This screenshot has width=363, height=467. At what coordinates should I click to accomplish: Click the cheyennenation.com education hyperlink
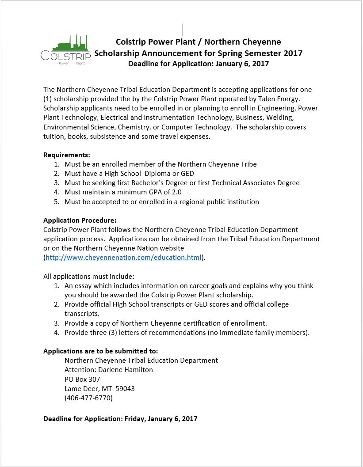point(123,258)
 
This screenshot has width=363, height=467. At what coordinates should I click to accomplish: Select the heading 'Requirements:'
point(67,155)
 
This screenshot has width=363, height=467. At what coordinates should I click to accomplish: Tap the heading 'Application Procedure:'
point(80,220)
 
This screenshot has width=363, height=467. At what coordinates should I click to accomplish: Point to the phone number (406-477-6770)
point(88,398)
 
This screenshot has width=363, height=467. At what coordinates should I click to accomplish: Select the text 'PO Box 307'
point(82,379)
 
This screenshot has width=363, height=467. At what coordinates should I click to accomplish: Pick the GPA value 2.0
point(176,192)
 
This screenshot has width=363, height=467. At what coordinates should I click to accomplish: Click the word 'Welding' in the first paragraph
point(280,118)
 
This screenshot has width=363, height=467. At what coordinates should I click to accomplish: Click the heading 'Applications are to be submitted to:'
point(100,351)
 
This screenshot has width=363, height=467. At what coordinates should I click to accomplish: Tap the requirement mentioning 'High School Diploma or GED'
point(129,174)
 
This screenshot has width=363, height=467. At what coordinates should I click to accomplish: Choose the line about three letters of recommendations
point(187,333)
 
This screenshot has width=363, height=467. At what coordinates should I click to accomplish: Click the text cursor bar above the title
point(183,30)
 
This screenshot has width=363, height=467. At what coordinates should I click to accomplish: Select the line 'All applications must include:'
point(86,277)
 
